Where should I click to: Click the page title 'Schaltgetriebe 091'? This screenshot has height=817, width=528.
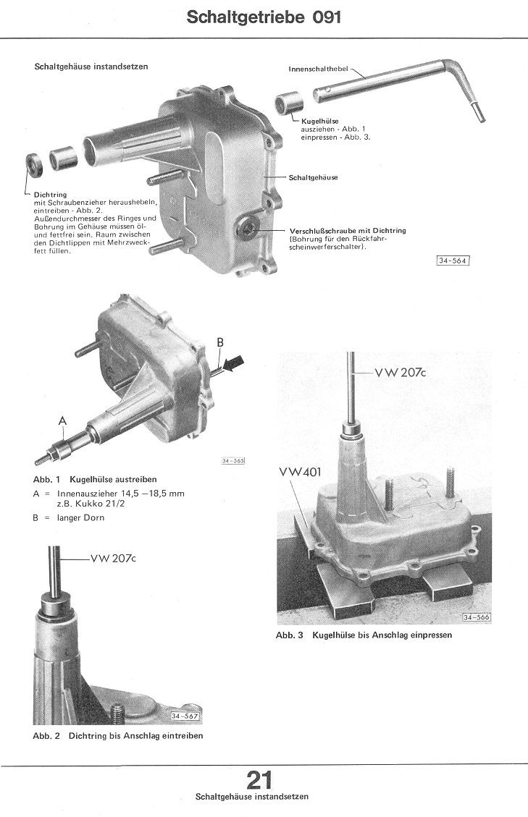click(x=264, y=17)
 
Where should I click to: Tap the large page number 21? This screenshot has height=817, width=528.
click(x=259, y=780)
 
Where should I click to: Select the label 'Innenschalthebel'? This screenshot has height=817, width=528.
click(x=318, y=69)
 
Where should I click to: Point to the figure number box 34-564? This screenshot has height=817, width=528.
click(x=453, y=261)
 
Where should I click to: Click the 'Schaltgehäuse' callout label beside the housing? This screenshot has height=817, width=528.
click(x=313, y=178)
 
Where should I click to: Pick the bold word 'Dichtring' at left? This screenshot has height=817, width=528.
click(x=50, y=195)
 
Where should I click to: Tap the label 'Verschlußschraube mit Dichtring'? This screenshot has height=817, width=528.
click(x=348, y=230)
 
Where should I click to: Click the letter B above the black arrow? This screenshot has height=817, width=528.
click(x=220, y=342)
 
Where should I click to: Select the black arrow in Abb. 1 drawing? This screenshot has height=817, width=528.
click(x=232, y=363)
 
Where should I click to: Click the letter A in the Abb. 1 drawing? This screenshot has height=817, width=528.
click(x=62, y=420)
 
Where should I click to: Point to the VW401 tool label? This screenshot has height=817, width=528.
click(x=300, y=472)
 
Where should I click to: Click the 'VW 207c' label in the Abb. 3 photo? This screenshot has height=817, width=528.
click(x=401, y=372)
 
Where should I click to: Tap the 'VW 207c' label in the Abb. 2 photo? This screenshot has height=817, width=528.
click(x=113, y=558)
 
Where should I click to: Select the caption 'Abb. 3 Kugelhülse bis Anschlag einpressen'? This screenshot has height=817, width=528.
click(x=364, y=635)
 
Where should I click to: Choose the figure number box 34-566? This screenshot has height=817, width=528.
click(x=477, y=617)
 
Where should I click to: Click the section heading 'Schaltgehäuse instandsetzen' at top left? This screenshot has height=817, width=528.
click(x=91, y=67)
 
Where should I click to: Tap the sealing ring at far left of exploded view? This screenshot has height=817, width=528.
click(x=34, y=165)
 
